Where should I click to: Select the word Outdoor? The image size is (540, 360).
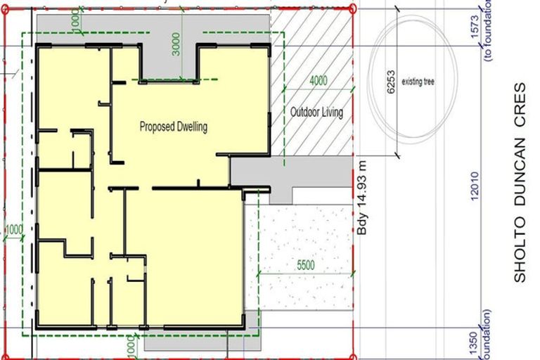point(304,112)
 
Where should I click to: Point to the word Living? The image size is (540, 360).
point(332,112)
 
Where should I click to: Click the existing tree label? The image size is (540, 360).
point(418,82)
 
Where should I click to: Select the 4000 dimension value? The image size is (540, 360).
point(318,80)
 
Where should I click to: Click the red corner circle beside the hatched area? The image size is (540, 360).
point(352,8)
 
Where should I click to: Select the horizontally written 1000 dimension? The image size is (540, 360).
point(13,229)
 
